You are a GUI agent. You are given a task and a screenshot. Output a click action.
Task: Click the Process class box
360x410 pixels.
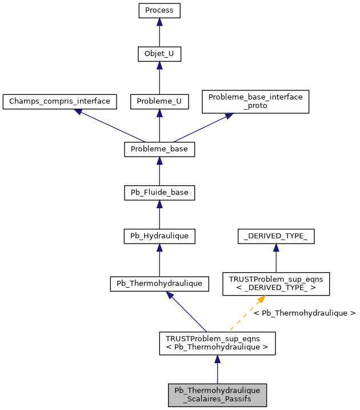(x=159, y=11)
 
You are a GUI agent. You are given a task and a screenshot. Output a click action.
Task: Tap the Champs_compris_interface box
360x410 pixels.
(x=60, y=102)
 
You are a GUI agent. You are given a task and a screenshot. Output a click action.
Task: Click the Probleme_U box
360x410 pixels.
(x=159, y=102)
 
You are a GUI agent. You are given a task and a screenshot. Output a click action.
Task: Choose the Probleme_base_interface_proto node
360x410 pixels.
(x=255, y=101)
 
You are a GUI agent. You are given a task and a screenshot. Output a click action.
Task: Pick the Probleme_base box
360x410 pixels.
(x=159, y=149)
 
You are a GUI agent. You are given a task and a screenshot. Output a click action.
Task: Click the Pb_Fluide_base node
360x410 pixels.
(x=159, y=193)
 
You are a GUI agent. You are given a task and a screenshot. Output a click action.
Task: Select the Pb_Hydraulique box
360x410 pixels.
(x=159, y=236)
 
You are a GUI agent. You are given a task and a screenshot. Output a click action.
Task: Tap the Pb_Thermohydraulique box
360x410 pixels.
(x=159, y=284)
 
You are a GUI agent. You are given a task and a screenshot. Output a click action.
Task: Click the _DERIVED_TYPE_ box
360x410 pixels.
(x=276, y=236)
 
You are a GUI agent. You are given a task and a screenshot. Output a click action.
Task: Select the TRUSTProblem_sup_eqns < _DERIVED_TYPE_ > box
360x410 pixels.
(x=276, y=284)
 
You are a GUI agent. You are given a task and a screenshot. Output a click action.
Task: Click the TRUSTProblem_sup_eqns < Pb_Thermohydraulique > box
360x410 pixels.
(x=217, y=343)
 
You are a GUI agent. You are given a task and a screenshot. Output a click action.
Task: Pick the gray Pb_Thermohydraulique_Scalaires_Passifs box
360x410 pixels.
(x=217, y=395)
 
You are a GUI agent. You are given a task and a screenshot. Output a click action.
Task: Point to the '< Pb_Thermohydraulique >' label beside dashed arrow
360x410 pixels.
(x=304, y=313)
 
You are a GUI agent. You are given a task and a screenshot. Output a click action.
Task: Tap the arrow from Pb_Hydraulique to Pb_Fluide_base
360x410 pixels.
(x=159, y=214)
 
